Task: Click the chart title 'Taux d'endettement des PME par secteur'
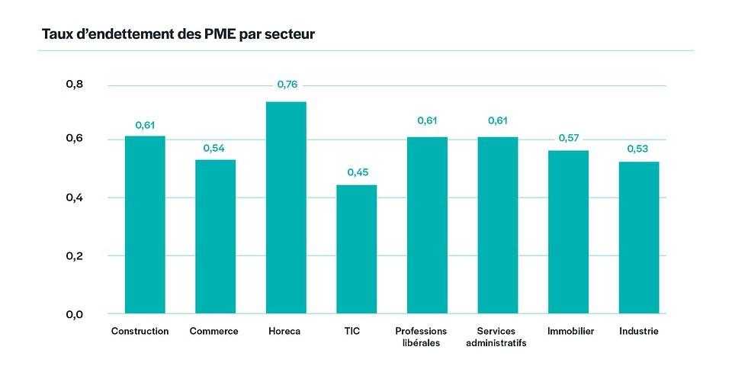pyautogui.click(x=178, y=34)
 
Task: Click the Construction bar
pyautogui.click(x=145, y=225)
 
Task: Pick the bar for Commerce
pyautogui.click(x=215, y=236)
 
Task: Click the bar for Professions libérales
pyautogui.click(x=427, y=225)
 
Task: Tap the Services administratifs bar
pyautogui.click(x=497, y=225)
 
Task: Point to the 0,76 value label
pyautogui.click(x=287, y=85)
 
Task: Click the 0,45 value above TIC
pyautogui.click(x=357, y=172)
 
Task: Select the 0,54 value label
pyautogui.click(x=216, y=147)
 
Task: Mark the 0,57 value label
pyautogui.click(x=569, y=137)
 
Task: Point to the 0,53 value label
pyautogui.click(x=638, y=149)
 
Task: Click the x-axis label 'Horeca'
pyautogui.click(x=284, y=332)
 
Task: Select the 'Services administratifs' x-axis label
pyautogui.click(x=496, y=337)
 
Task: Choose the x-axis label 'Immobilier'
pyautogui.click(x=570, y=332)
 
